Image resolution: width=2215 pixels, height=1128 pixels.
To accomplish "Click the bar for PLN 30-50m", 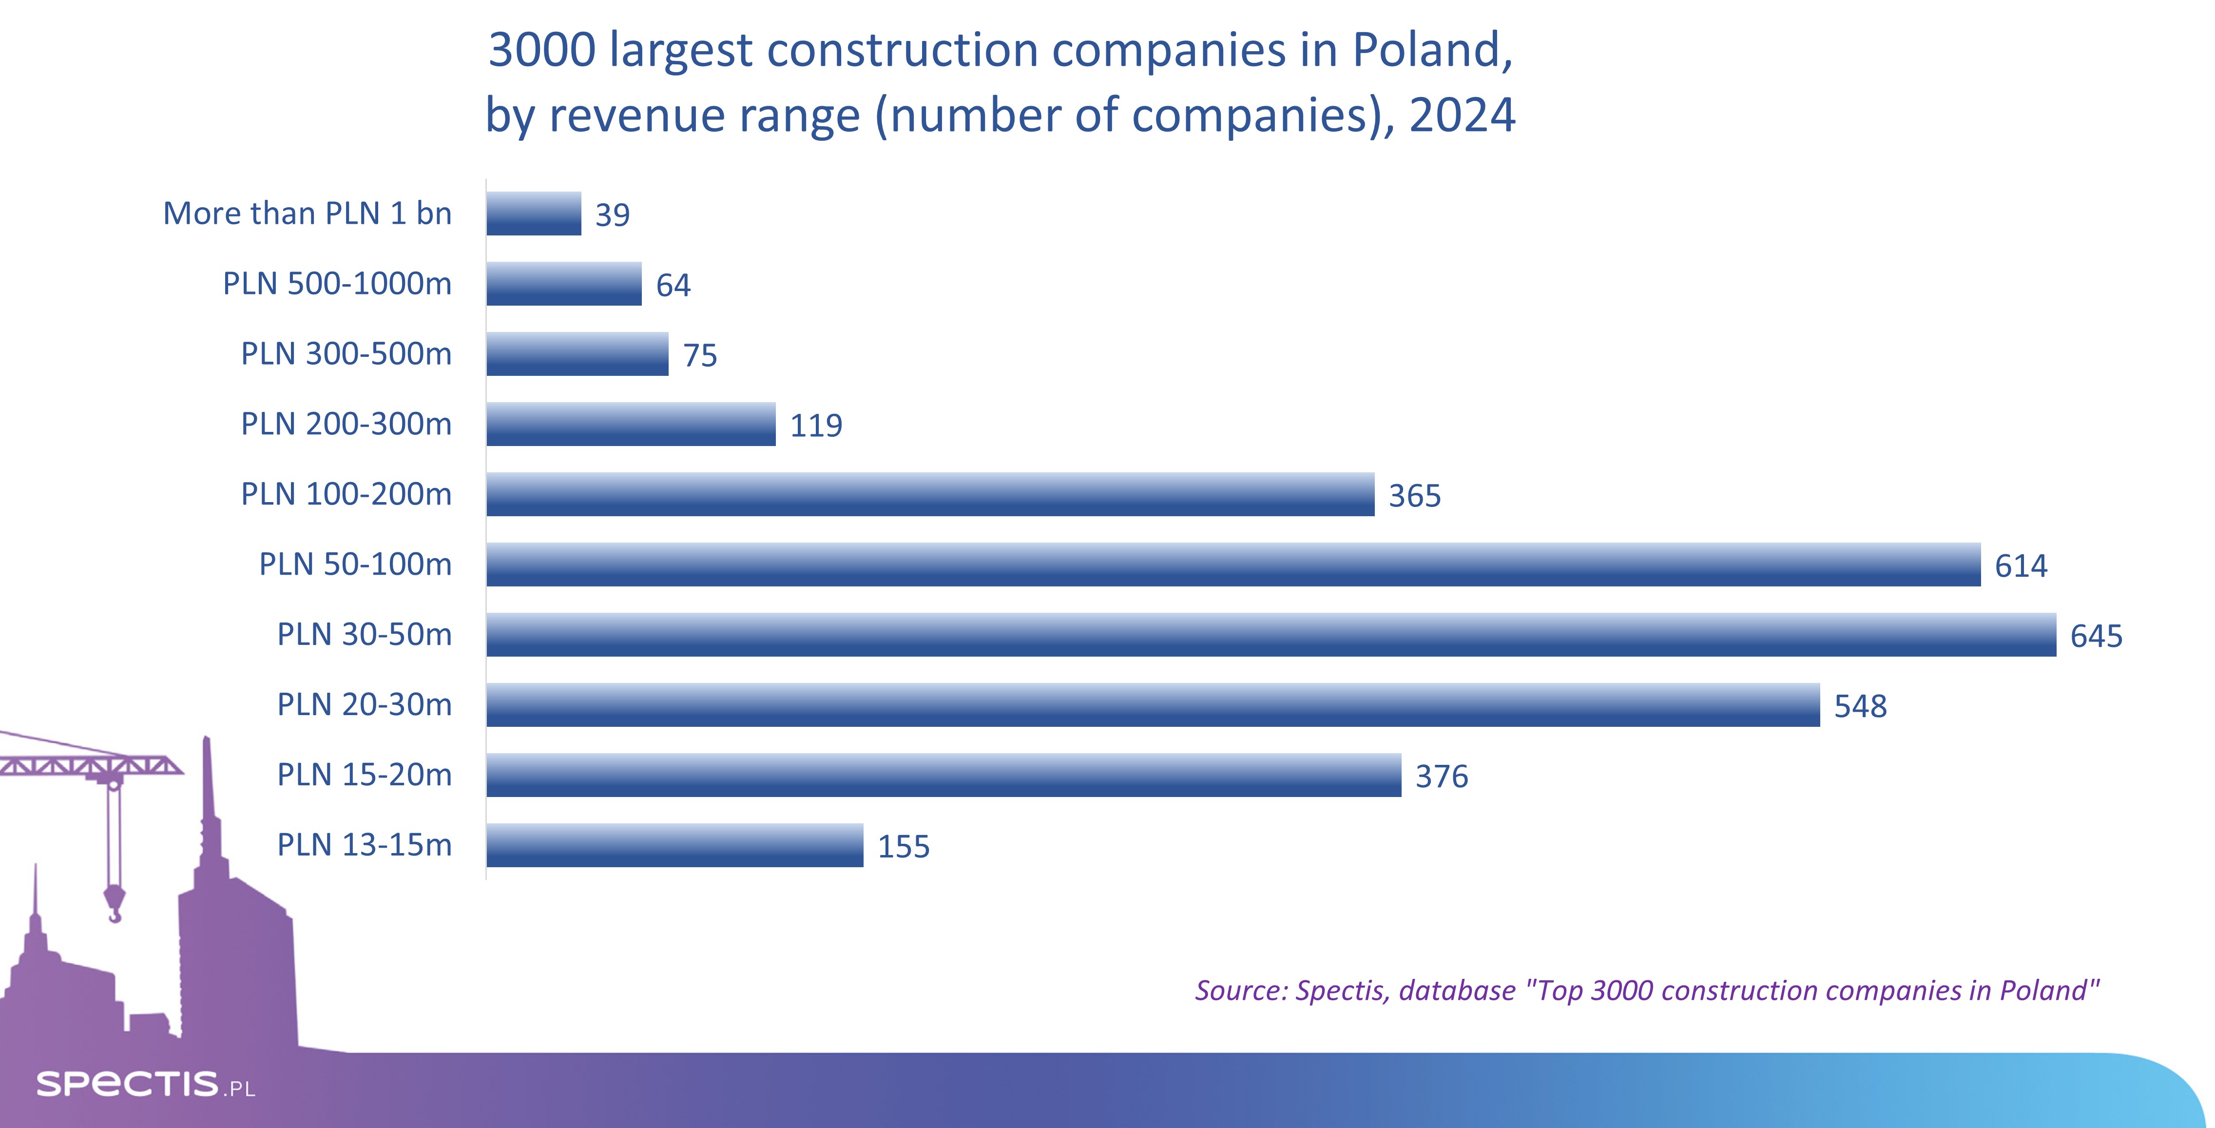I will [x=1271, y=635].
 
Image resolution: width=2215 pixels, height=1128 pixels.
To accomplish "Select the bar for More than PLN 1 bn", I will [x=533, y=213].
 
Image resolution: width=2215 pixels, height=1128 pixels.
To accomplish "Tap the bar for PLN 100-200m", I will [x=929, y=494].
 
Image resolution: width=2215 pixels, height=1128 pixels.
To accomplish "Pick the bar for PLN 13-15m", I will [x=674, y=845].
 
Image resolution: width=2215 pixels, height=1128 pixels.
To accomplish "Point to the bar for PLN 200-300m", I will [x=630, y=424].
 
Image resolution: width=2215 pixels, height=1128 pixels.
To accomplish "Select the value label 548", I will [x=1860, y=706].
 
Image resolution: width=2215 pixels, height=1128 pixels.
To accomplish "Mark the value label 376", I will [x=1441, y=777].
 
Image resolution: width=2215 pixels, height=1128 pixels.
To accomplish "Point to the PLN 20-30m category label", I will [x=364, y=704].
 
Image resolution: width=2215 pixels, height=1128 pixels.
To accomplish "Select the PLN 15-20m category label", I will [x=364, y=775].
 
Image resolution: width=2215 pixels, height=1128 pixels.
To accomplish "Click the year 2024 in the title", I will [x=1462, y=115].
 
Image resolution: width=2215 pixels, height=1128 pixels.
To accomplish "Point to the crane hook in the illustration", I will [x=114, y=904].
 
